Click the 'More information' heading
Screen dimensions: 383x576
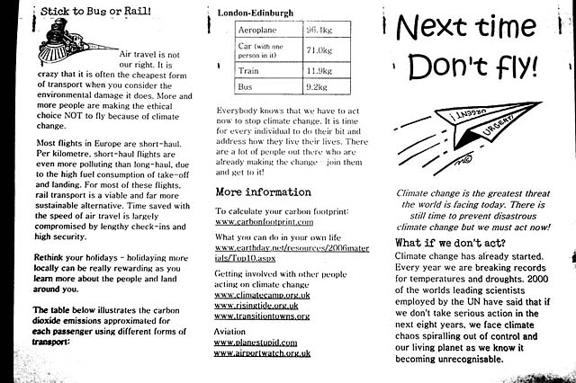coord(263,191)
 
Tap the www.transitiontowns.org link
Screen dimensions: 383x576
coord(261,316)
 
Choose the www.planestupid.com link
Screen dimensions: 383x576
coord(257,343)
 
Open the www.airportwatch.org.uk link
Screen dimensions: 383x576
coord(262,353)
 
